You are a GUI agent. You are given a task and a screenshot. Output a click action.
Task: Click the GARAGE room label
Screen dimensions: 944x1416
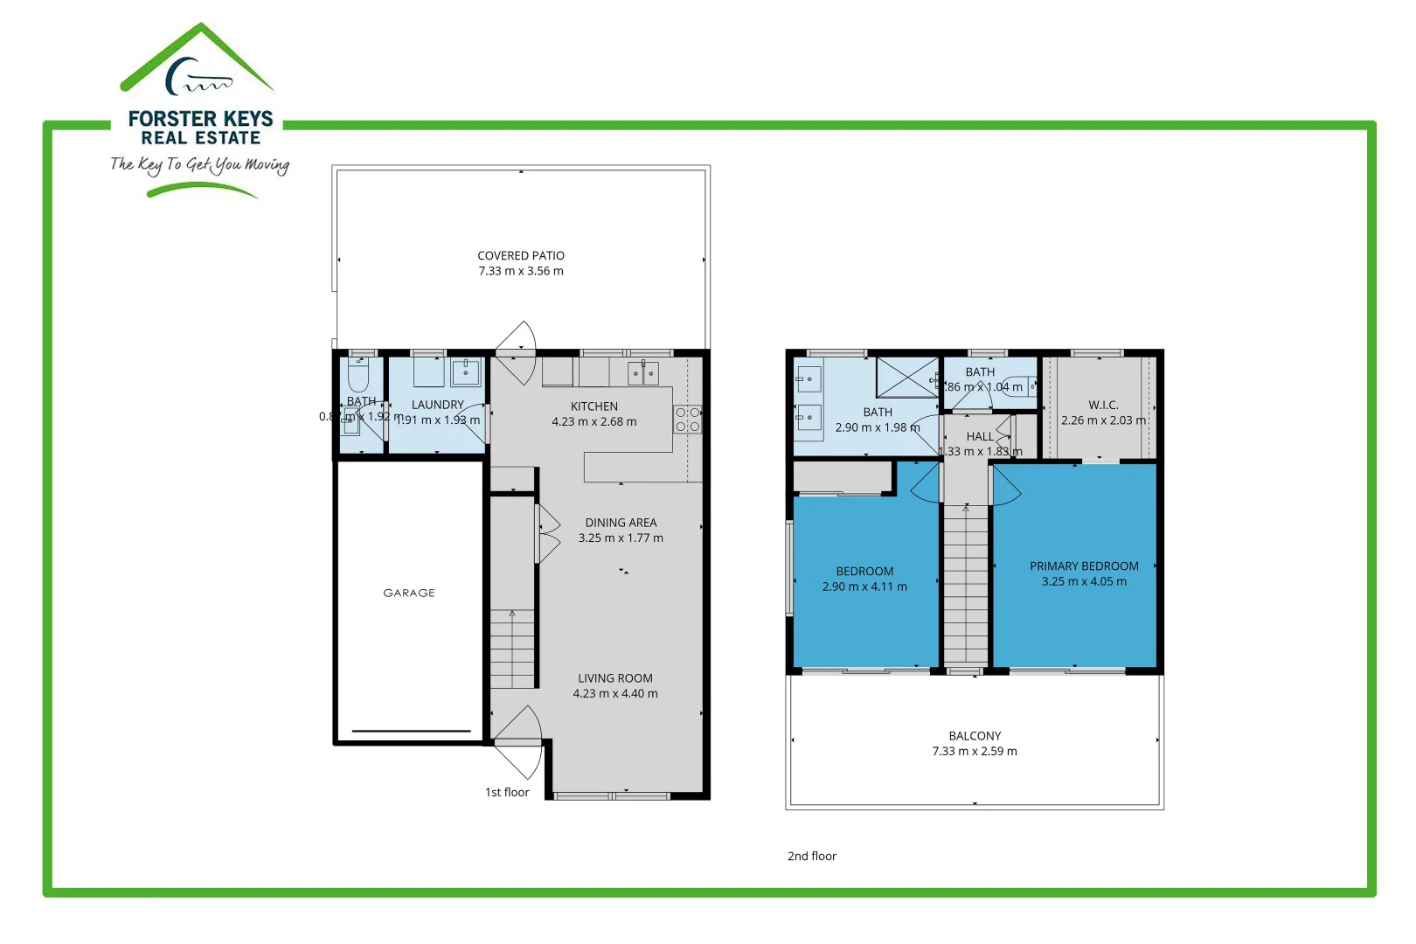[x=409, y=593]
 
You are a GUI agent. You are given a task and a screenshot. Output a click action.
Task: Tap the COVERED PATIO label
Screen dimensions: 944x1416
[x=521, y=255]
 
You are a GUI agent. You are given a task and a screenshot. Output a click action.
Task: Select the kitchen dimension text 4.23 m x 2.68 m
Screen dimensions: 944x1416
[x=594, y=421]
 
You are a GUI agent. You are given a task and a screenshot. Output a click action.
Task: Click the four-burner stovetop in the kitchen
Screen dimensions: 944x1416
[x=687, y=420]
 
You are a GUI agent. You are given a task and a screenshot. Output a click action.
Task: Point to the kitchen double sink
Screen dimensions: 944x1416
[x=643, y=373]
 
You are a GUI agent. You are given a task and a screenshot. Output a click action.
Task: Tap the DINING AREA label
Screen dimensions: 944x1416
[x=621, y=523]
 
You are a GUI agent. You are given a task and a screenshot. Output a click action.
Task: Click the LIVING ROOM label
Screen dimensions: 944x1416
[x=615, y=678]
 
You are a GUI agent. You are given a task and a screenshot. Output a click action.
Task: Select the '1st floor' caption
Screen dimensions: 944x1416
[x=507, y=792]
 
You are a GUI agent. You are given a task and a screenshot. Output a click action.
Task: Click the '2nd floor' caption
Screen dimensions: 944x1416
[x=812, y=856]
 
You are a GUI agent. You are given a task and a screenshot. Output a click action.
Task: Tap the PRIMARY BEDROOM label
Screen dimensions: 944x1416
[x=1084, y=566]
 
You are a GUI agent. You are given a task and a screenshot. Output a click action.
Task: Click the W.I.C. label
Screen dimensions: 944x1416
[x=1103, y=405]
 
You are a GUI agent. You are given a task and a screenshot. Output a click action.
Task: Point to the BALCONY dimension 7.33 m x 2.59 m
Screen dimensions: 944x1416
[x=975, y=751]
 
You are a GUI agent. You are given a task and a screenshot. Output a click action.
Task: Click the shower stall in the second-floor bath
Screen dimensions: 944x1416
[x=907, y=377]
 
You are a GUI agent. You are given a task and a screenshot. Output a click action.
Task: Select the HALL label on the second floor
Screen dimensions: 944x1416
[x=980, y=436]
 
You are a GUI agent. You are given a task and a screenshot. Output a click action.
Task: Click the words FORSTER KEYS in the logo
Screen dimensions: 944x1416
[x=201, y=118]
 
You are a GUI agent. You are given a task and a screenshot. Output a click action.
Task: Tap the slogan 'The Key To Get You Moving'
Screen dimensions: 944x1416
[x=199, y=164]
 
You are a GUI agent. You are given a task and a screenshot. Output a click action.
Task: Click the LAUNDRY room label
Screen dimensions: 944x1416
[x=438, y=405]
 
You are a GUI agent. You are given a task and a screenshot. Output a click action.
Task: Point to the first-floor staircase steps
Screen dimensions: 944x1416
[x=512, y=649]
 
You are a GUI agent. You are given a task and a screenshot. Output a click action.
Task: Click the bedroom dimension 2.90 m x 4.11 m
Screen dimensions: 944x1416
[x=864, y=587]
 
